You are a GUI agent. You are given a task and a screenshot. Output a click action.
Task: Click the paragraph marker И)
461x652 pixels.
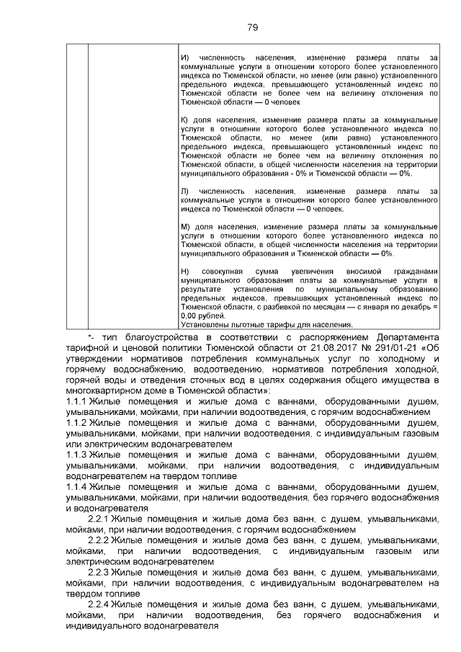tap(184, 57)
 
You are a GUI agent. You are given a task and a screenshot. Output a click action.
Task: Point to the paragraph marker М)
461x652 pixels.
tap(184, 227)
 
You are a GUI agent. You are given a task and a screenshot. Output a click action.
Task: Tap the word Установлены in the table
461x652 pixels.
tap(205, 325)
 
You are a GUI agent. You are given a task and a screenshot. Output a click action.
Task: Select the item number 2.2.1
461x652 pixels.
tap(98, 519)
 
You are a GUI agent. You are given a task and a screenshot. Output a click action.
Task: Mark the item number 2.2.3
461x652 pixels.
tap(98, 573)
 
